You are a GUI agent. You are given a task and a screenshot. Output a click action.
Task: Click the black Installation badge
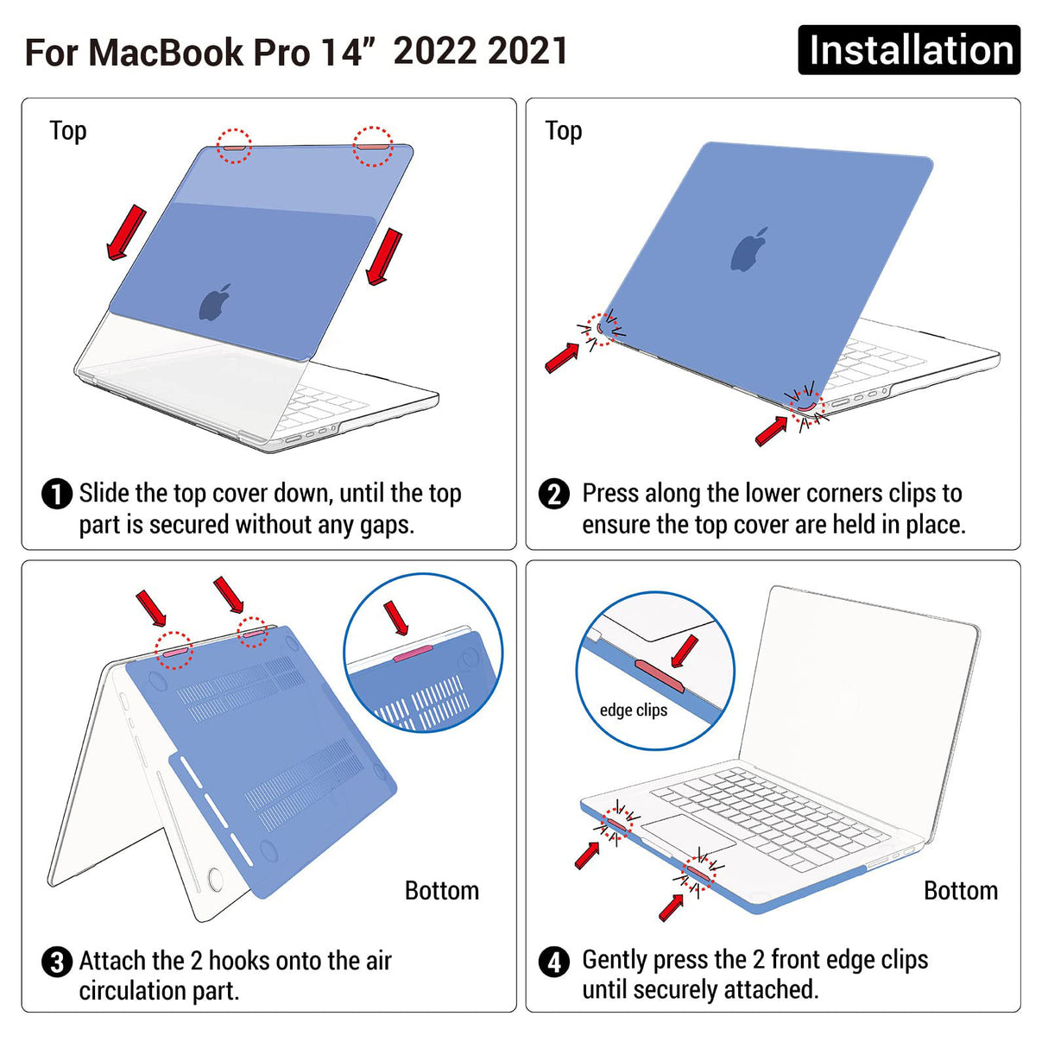(908, 50)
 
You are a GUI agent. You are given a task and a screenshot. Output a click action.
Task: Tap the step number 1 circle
(57, 495)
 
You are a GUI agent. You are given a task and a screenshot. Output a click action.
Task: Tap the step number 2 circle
(554, 495)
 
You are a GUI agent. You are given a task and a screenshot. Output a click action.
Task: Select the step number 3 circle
(57, 962)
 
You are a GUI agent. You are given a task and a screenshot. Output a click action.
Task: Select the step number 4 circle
(554, 962)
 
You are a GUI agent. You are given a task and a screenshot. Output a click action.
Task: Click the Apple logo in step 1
(215, 302)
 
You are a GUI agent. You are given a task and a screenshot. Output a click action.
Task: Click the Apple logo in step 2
(749, 250)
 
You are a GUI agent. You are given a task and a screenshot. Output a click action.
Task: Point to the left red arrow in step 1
(125, 231)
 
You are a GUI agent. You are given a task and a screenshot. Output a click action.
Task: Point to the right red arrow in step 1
(384, 256)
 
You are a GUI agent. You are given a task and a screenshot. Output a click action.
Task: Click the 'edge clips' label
(634, 710)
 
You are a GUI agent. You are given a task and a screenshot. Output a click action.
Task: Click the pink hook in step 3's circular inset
(413, 657)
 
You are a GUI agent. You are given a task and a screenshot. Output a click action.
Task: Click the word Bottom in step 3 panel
(441, 891)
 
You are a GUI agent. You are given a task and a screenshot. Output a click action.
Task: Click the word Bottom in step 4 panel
(960, 891)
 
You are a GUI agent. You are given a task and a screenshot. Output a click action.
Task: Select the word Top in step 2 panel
(564, 131)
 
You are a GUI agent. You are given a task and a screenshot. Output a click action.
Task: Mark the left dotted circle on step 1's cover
(234, 146)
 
